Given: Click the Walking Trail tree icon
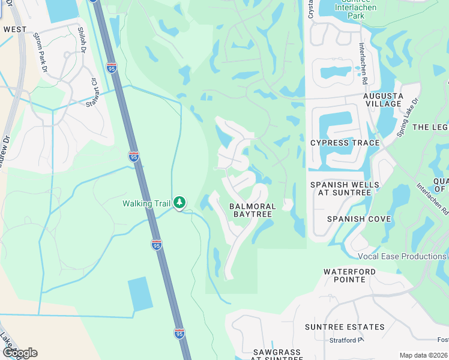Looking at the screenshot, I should click(x=179, y=203).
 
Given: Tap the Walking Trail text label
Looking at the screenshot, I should click(x=147, y=203).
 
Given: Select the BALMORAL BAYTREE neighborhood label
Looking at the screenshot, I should click(x=252, y=210).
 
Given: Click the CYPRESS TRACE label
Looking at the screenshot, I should click(x=345, y=143).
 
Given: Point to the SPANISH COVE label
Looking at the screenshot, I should click(x=354, y=219).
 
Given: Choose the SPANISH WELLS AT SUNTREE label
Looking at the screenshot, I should click(x=345, y=188).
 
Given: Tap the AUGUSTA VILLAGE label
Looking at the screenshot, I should click(x=382, y=100).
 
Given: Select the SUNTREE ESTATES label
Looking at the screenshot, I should click(x=345, y=327).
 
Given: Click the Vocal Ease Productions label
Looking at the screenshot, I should click(x=402, y=257).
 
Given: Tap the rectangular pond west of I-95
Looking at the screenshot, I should click(x=140, y=294).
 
